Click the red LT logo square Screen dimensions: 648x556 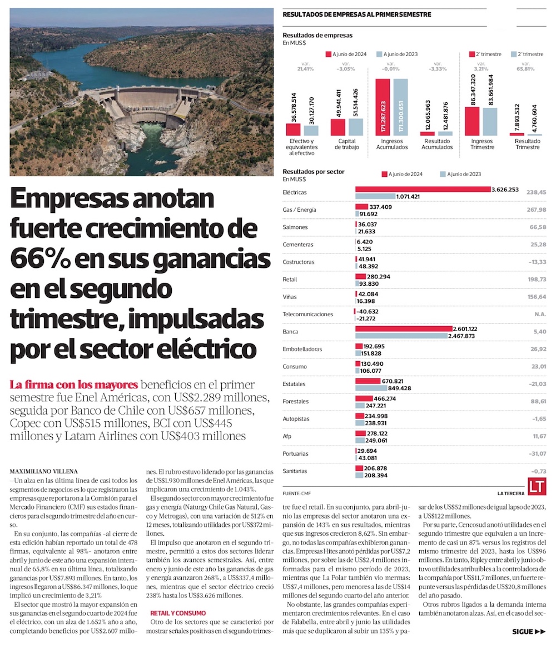tap(538, 487)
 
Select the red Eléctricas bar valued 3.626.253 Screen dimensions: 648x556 tap(423, 190)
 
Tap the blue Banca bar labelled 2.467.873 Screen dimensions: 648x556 tap(401, 336)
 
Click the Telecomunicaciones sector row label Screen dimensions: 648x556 tap(308, 315)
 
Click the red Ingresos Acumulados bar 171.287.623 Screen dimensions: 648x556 tap(383, 107)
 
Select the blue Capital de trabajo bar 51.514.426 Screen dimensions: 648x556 tap(356, 127)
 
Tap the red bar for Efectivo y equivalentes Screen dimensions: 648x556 tap(293, 129)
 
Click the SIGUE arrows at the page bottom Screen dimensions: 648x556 tap(529, 631)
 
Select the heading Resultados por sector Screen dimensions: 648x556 tap(313, 172)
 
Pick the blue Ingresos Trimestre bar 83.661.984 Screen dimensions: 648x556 tap(490, 121)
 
